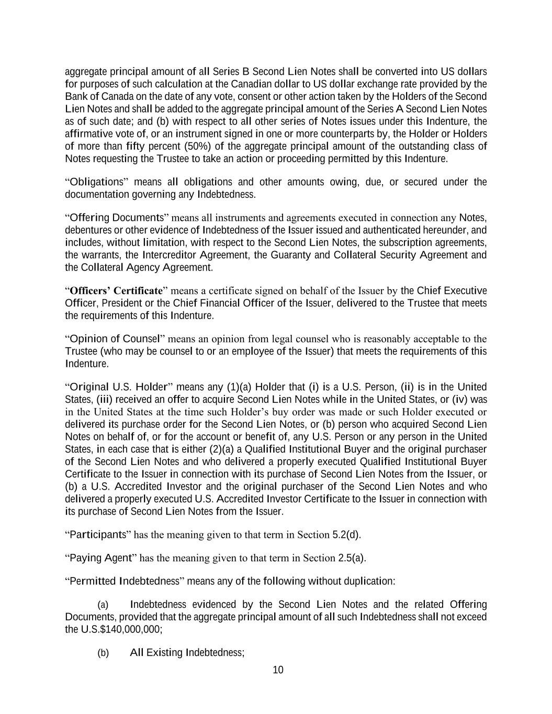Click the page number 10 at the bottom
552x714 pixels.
point(278,670)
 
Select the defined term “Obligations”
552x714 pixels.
point(96,182)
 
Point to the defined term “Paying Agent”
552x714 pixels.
point(100,558)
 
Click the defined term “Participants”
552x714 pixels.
point(98,535)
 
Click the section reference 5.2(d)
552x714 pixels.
point(346,535)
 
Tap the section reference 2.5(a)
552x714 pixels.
point(351,558)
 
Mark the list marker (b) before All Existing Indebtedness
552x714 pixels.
point(103,653)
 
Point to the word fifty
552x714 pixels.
point(136,146)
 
